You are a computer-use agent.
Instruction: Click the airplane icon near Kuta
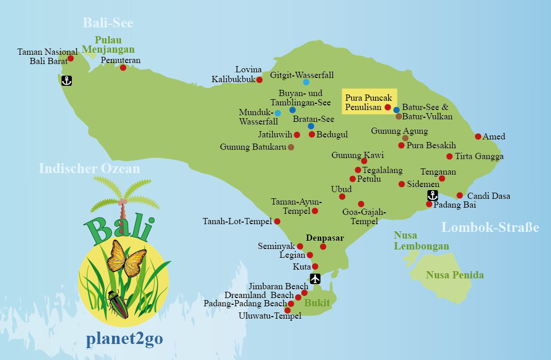315,279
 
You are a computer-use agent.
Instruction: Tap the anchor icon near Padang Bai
433,195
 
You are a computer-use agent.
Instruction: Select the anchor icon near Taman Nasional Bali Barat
66,80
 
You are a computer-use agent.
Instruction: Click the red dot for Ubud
342,197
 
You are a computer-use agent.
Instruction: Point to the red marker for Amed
478,136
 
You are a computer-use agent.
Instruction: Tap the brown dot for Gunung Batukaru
291,147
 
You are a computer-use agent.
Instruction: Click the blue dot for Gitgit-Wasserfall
306,82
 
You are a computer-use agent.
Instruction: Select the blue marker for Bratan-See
311,126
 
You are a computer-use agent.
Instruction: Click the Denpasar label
325,238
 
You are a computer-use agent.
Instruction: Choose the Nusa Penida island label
455,275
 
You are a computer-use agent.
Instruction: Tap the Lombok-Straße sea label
490,227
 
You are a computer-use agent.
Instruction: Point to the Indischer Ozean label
89,169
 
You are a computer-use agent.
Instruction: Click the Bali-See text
108,23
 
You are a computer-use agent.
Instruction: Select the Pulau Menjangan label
115,45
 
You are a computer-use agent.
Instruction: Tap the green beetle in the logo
118,304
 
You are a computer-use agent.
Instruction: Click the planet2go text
124,339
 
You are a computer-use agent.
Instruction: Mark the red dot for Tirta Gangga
450,156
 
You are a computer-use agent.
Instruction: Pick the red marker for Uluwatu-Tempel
288,310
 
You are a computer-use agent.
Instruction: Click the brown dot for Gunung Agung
405,138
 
